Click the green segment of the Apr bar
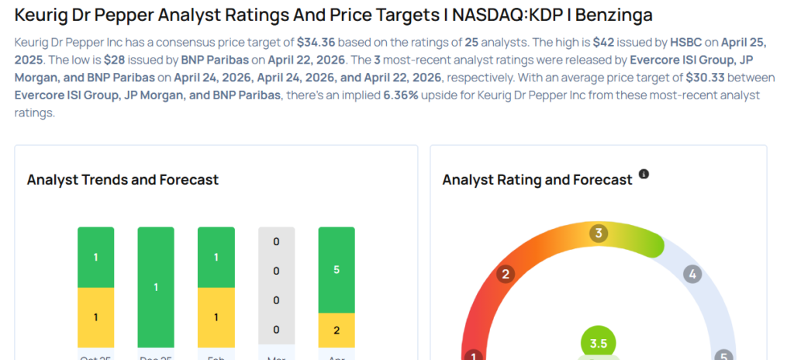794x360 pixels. [x=337, y=270]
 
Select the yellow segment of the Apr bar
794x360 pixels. [x=337, y=330]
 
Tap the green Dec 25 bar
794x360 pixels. [x=156, y=287]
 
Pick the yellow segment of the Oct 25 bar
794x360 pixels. [x=95, y=317]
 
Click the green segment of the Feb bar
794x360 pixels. [x=216, y=257]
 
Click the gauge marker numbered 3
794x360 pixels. [x=598, y=234]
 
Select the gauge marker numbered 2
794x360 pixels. [x=506, y=274]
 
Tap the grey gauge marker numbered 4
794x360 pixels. [x=692, y=274]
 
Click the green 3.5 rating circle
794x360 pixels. [x=598, y=343]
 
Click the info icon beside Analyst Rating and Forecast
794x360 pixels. [x=644, y=175]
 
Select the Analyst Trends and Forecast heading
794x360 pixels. [x=123, y=180]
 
